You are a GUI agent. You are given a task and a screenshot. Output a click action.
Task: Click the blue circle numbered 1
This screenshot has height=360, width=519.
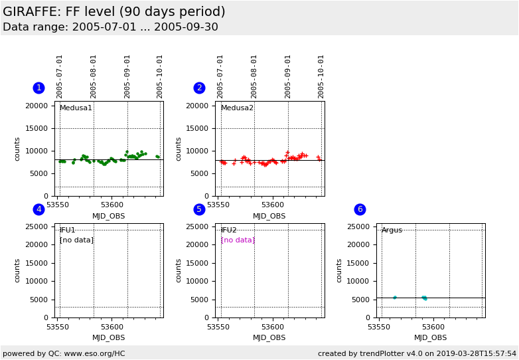38,88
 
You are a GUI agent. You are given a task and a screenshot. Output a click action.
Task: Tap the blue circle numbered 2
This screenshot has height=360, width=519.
199,88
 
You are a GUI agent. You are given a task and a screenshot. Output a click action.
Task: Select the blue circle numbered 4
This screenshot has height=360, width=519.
38,209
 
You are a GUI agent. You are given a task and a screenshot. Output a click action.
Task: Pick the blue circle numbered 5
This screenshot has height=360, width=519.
199,209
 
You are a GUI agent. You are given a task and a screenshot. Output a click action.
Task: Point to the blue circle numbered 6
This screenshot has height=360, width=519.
360,209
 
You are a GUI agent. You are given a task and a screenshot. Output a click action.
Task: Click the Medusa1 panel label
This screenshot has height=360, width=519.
76,108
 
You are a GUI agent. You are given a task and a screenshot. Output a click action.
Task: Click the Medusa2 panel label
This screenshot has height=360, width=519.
237,108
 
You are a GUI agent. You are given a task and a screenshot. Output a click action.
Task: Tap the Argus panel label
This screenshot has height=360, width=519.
392,230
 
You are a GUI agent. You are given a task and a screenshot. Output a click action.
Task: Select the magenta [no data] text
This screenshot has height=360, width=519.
238,240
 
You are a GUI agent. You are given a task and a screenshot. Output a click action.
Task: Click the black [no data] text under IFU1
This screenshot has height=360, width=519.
76,240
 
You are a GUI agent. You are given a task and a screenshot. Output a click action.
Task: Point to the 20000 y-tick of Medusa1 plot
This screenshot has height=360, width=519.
37,106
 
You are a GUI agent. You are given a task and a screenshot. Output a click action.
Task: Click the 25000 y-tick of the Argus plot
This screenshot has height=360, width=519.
358,227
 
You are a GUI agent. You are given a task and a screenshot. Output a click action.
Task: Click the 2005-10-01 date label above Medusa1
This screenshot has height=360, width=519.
160,76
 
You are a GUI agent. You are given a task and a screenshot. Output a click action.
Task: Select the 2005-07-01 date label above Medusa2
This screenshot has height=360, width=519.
220,76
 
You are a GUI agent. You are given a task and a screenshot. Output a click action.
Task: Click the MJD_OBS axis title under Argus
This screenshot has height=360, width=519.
430,337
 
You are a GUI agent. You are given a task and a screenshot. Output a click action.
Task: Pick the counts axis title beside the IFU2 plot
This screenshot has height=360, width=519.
179,270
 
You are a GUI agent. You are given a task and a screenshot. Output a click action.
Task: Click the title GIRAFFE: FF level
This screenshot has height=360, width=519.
114,12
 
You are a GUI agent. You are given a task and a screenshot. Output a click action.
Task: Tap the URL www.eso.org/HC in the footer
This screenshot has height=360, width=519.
92,353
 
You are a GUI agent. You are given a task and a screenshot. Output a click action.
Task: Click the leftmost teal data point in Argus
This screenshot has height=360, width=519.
395,298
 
